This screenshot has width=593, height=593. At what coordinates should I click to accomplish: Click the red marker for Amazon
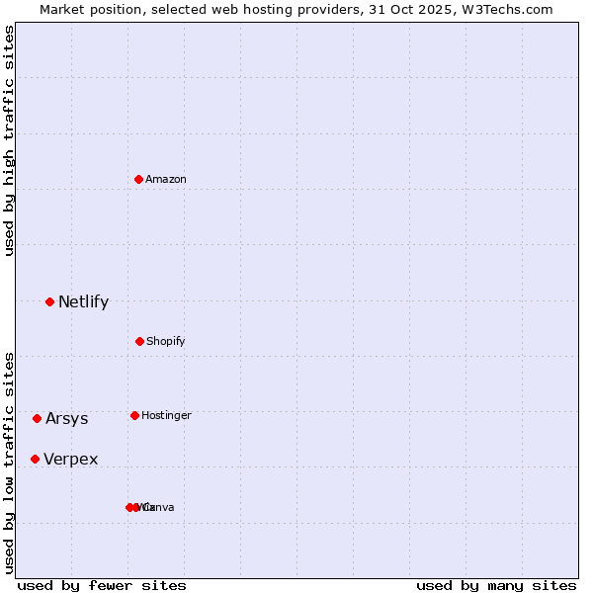pyautogui.click(x=139, y=179)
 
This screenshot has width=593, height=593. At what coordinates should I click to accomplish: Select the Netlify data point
pyautogui.click(x=49, y=301)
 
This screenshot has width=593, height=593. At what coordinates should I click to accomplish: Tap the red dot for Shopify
pyautogui.click(x=139, y=341)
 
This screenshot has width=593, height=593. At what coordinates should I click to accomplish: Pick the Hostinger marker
pyautogui.click(x=134, y=415)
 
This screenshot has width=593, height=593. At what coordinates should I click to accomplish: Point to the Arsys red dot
pyautogui.click(x=37, y=418)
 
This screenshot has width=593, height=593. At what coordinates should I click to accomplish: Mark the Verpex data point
pyautogui.click(x=35, y=459)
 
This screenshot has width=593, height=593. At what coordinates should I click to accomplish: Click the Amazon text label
pyautogui.click(x=166, y=179)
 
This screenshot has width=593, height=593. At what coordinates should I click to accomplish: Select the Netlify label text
pyautogui.click(x=83, y=301)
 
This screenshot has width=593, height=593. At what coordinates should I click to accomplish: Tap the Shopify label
pyautogui.click(x=166, y=341)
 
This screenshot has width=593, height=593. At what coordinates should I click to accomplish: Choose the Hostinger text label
pyautogui.click(x=166, y=415)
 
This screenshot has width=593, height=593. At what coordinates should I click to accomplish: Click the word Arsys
pyautogui.click(x=66, y=418)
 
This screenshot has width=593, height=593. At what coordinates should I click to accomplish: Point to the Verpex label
pyautogui.click(x=70, y=459)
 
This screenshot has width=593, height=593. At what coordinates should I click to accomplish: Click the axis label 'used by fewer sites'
pyautogui.click(x=102, y=585)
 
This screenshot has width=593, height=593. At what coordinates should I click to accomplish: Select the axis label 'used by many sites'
pyautogui.click(x=496, y=585)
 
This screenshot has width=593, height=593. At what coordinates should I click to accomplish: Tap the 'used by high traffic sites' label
pyautogui.click(x=9, y=140)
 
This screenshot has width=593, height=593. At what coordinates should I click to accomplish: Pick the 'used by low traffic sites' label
pyautogui.click(x=9, y=462)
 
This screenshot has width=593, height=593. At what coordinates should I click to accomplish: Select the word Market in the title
pyautogui.click(x=63, y=9)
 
